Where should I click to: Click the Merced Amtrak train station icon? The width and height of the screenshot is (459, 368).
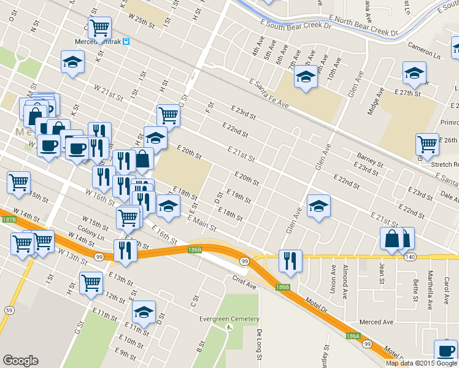125,42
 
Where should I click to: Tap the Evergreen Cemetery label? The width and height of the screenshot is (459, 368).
229,319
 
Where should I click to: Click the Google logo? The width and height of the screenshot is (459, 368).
20,361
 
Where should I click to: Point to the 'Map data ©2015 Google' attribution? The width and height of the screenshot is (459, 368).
422,363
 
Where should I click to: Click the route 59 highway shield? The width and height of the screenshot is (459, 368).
8,310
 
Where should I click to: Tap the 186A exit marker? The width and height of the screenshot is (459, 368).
352,336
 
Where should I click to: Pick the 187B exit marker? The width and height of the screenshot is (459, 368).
8,219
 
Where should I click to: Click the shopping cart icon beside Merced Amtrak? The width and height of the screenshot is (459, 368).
99,27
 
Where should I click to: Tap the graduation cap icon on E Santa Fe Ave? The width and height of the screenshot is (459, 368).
305,77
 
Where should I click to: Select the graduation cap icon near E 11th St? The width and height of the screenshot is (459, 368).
144,312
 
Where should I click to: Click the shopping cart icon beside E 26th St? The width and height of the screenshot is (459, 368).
427,144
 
